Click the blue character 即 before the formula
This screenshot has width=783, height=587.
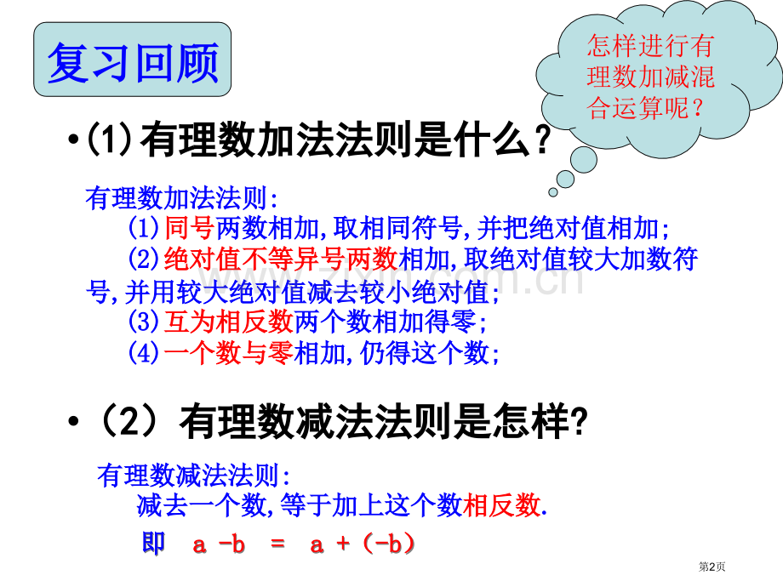coord(154,544)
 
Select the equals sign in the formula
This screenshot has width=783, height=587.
coord(277,545)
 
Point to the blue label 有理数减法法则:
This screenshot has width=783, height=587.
coord(194,475)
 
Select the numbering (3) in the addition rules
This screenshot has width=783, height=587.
coord(143,322)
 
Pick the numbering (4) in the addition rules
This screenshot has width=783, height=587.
coord(143,353)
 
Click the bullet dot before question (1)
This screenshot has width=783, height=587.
coord(71,140)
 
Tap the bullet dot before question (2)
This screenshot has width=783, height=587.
coord(71,423)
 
